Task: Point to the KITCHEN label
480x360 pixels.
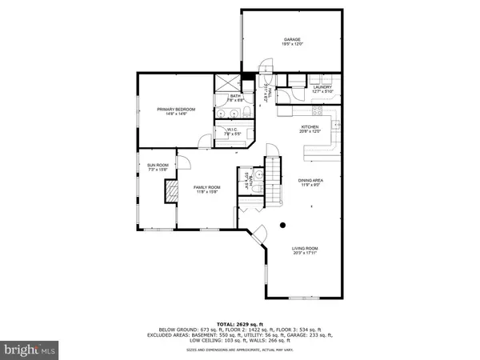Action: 310,126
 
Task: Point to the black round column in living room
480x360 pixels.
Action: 282,226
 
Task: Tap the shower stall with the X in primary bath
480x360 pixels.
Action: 228,83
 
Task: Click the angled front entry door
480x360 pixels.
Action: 259,234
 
